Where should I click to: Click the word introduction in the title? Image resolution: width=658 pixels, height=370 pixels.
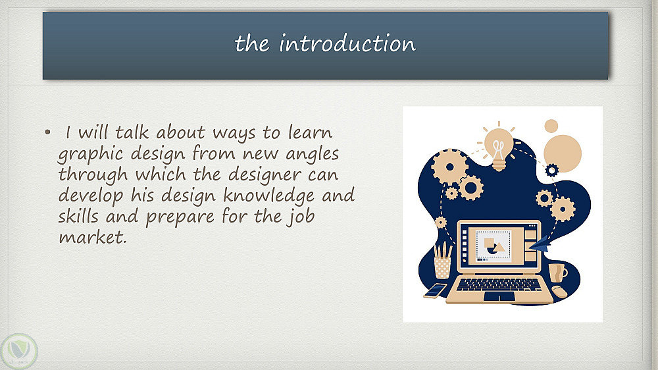coord(347,43)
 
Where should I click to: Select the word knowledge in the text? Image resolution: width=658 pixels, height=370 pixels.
coord(268,196)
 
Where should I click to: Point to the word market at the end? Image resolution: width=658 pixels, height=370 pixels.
coord(92,237)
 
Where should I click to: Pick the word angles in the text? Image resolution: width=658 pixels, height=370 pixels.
coord(312,155)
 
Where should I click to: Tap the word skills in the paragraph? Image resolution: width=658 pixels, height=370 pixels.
coord(78,216)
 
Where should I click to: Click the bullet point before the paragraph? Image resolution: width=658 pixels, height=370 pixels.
coord(48,133)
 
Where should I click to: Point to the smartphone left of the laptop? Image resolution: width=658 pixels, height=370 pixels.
coord(435,290)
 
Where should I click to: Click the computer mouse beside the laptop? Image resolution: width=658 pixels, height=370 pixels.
coord(559,291)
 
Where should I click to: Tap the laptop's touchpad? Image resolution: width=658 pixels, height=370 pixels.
coord(499,296)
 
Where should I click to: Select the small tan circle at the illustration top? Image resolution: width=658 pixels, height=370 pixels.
coord(551,126)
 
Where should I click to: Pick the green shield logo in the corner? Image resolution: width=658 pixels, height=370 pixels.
coord(19,351)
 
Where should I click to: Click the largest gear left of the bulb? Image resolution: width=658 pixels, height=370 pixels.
coord(449,167)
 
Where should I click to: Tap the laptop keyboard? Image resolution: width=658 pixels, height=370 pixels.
coord(499,285)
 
